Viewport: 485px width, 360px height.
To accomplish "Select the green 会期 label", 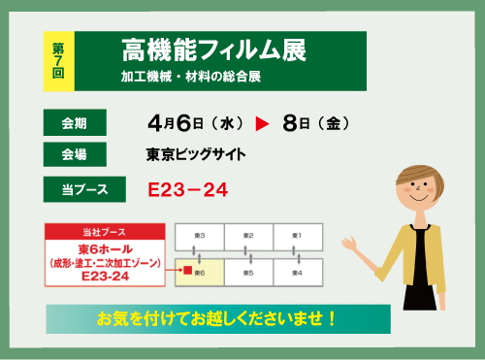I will [75, 122].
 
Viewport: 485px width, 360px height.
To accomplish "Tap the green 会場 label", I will [75, 154].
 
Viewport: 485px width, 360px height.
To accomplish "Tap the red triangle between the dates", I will [262, 124].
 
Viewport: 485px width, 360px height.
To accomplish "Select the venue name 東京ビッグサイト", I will [196, 154].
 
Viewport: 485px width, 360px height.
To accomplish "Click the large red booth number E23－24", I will [187, 189].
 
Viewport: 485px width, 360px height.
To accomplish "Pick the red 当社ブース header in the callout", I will [105, 234].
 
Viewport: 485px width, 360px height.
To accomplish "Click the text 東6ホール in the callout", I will [105, 248].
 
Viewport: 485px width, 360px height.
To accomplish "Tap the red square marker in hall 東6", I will [187, 274].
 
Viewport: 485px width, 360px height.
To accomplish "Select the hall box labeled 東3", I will [199, 236].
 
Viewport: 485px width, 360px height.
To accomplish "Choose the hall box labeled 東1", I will [298, 236].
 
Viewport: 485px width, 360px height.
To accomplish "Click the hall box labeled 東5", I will [248, 274].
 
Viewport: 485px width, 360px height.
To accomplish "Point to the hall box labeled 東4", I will [298, 274].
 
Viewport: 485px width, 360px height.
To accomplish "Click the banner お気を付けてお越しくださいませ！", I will [218, 317].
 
